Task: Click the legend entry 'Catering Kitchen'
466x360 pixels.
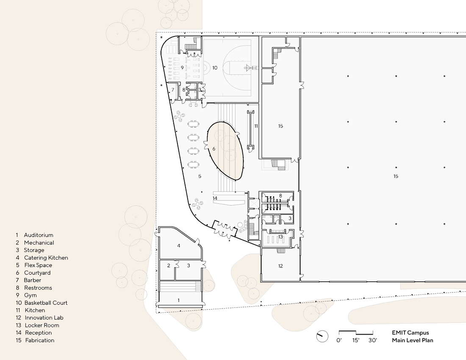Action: point(46,258)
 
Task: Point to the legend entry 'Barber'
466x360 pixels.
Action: point(32,280)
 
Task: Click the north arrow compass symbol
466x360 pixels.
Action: point(322,336)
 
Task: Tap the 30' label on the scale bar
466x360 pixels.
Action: point(373,340)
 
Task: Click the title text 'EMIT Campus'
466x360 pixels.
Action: point(410,333)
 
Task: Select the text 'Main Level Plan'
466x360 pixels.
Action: point(412,340)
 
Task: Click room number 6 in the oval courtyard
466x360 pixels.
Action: point(214,149)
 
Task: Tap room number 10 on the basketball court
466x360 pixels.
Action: point(215,67)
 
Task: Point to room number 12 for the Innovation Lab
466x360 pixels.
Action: point(280,266)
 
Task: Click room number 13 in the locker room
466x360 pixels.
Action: point(280,237)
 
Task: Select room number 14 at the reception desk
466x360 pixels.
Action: point(215,198)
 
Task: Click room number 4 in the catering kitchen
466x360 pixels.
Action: point(179,246)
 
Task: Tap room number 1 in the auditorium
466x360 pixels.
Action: point(178,300)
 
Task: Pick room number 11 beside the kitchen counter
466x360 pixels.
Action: point(256,126)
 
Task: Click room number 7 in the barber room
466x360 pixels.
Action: point(172,89)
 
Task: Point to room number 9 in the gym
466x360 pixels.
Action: point(182,67)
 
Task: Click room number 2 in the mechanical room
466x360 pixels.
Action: point(169,266)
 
